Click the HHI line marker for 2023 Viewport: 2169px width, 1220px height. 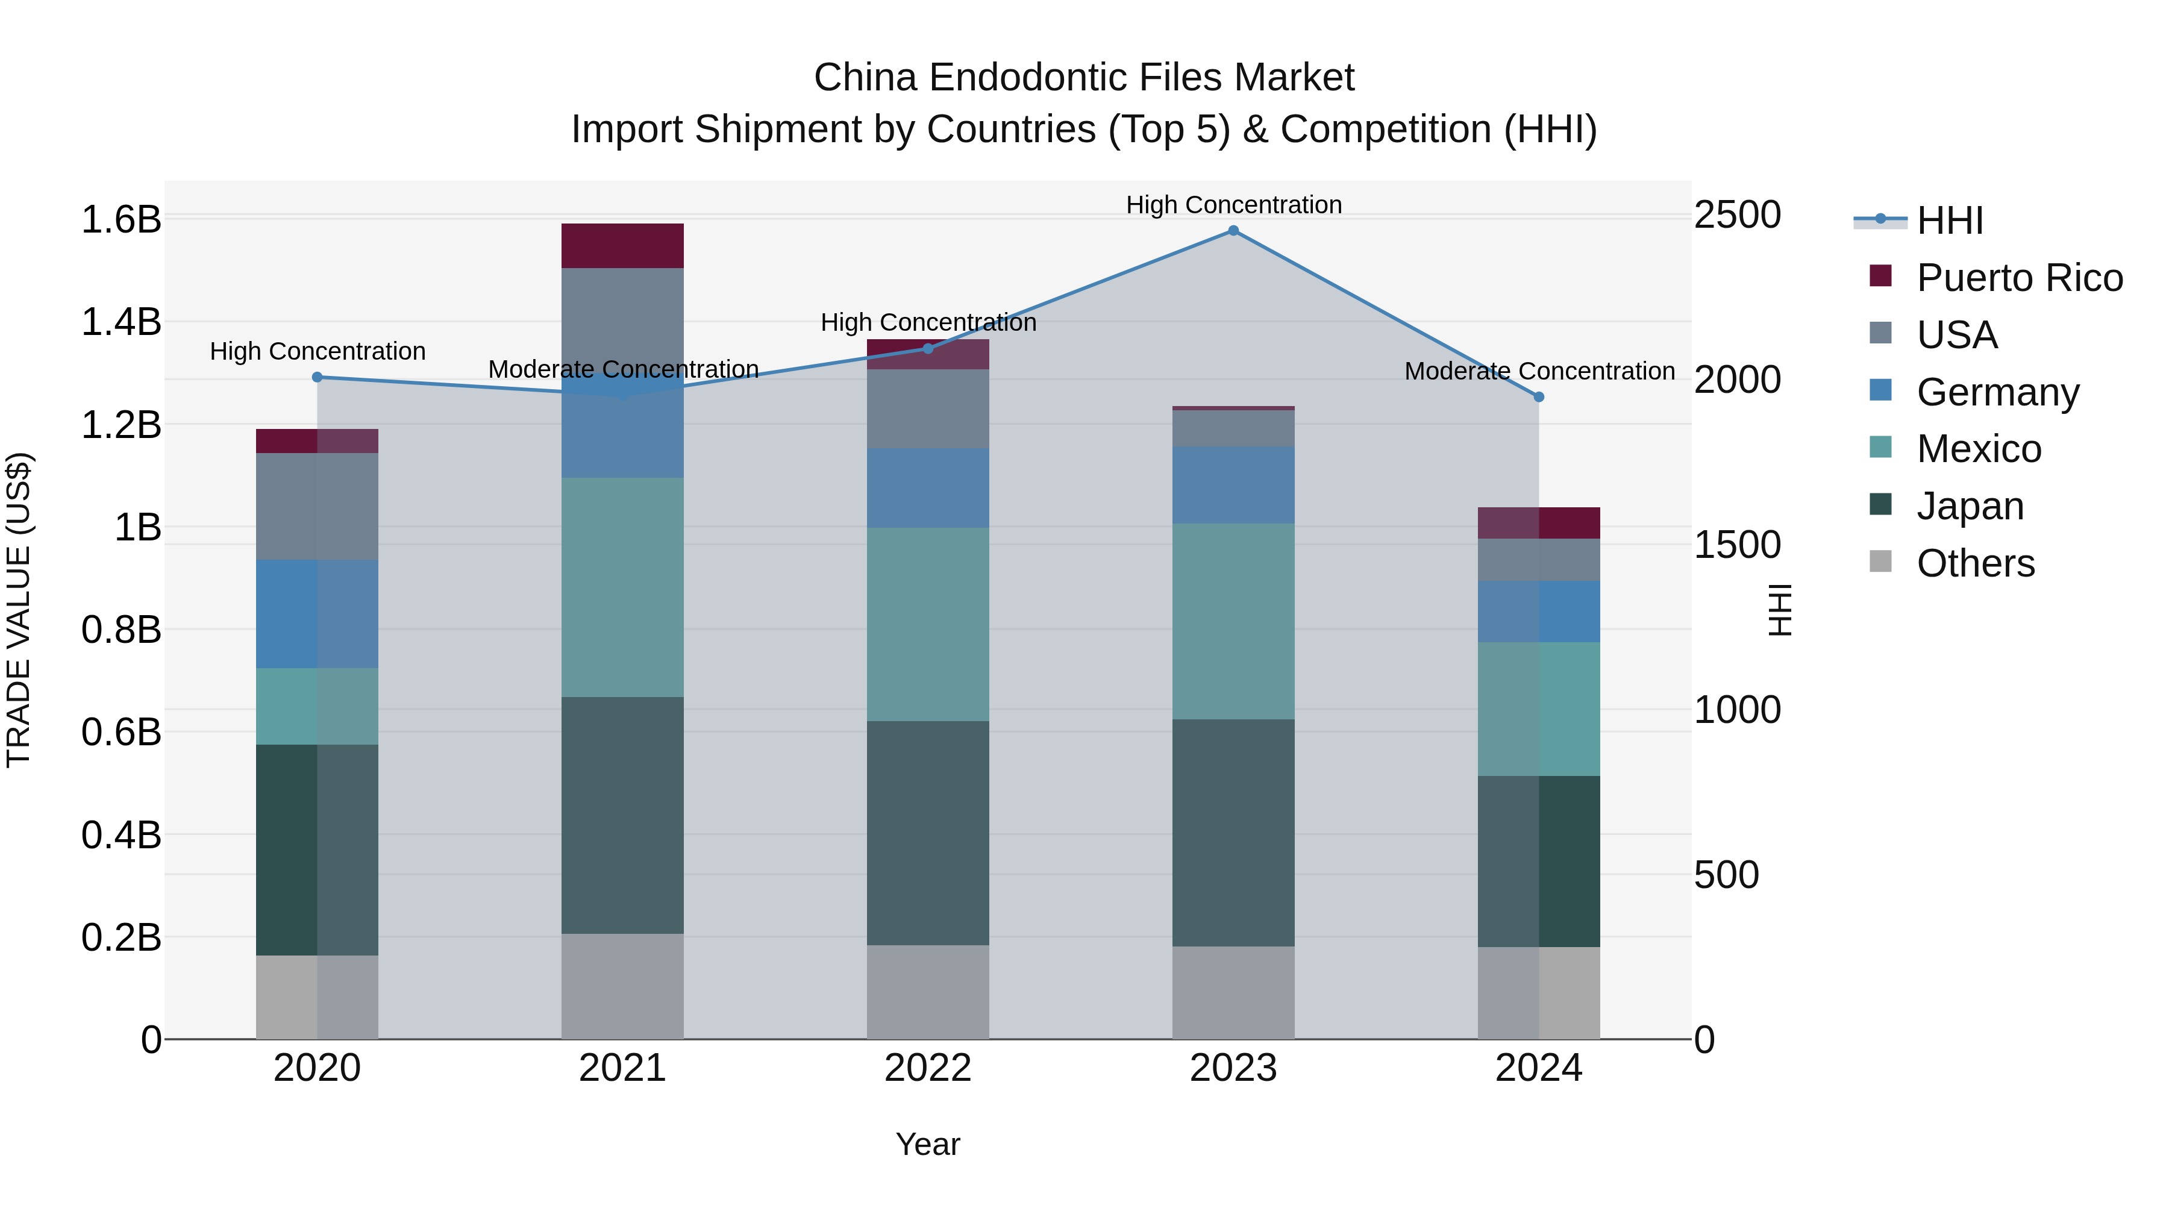(1233, 231)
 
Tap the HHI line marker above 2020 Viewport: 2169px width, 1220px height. (318, 377)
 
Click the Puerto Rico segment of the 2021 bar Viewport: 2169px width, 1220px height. (622, 246)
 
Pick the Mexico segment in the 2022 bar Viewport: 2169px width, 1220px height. (928, 624)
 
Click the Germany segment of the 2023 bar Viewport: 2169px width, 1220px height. (1233, 485)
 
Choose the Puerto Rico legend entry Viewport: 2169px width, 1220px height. (2019, 278)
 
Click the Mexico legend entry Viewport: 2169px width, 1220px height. (1979, 449)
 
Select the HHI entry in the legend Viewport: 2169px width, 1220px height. (1949, 221)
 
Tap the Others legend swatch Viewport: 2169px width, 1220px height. (1880, 562)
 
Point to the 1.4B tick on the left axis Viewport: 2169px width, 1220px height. (121, 322)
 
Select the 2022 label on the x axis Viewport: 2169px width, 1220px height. (928, 1068)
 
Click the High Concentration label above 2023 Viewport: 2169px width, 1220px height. (1233, 205)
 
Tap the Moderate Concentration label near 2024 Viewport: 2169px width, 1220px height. (1539, 371)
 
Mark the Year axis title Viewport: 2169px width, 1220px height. (928, 1144)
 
